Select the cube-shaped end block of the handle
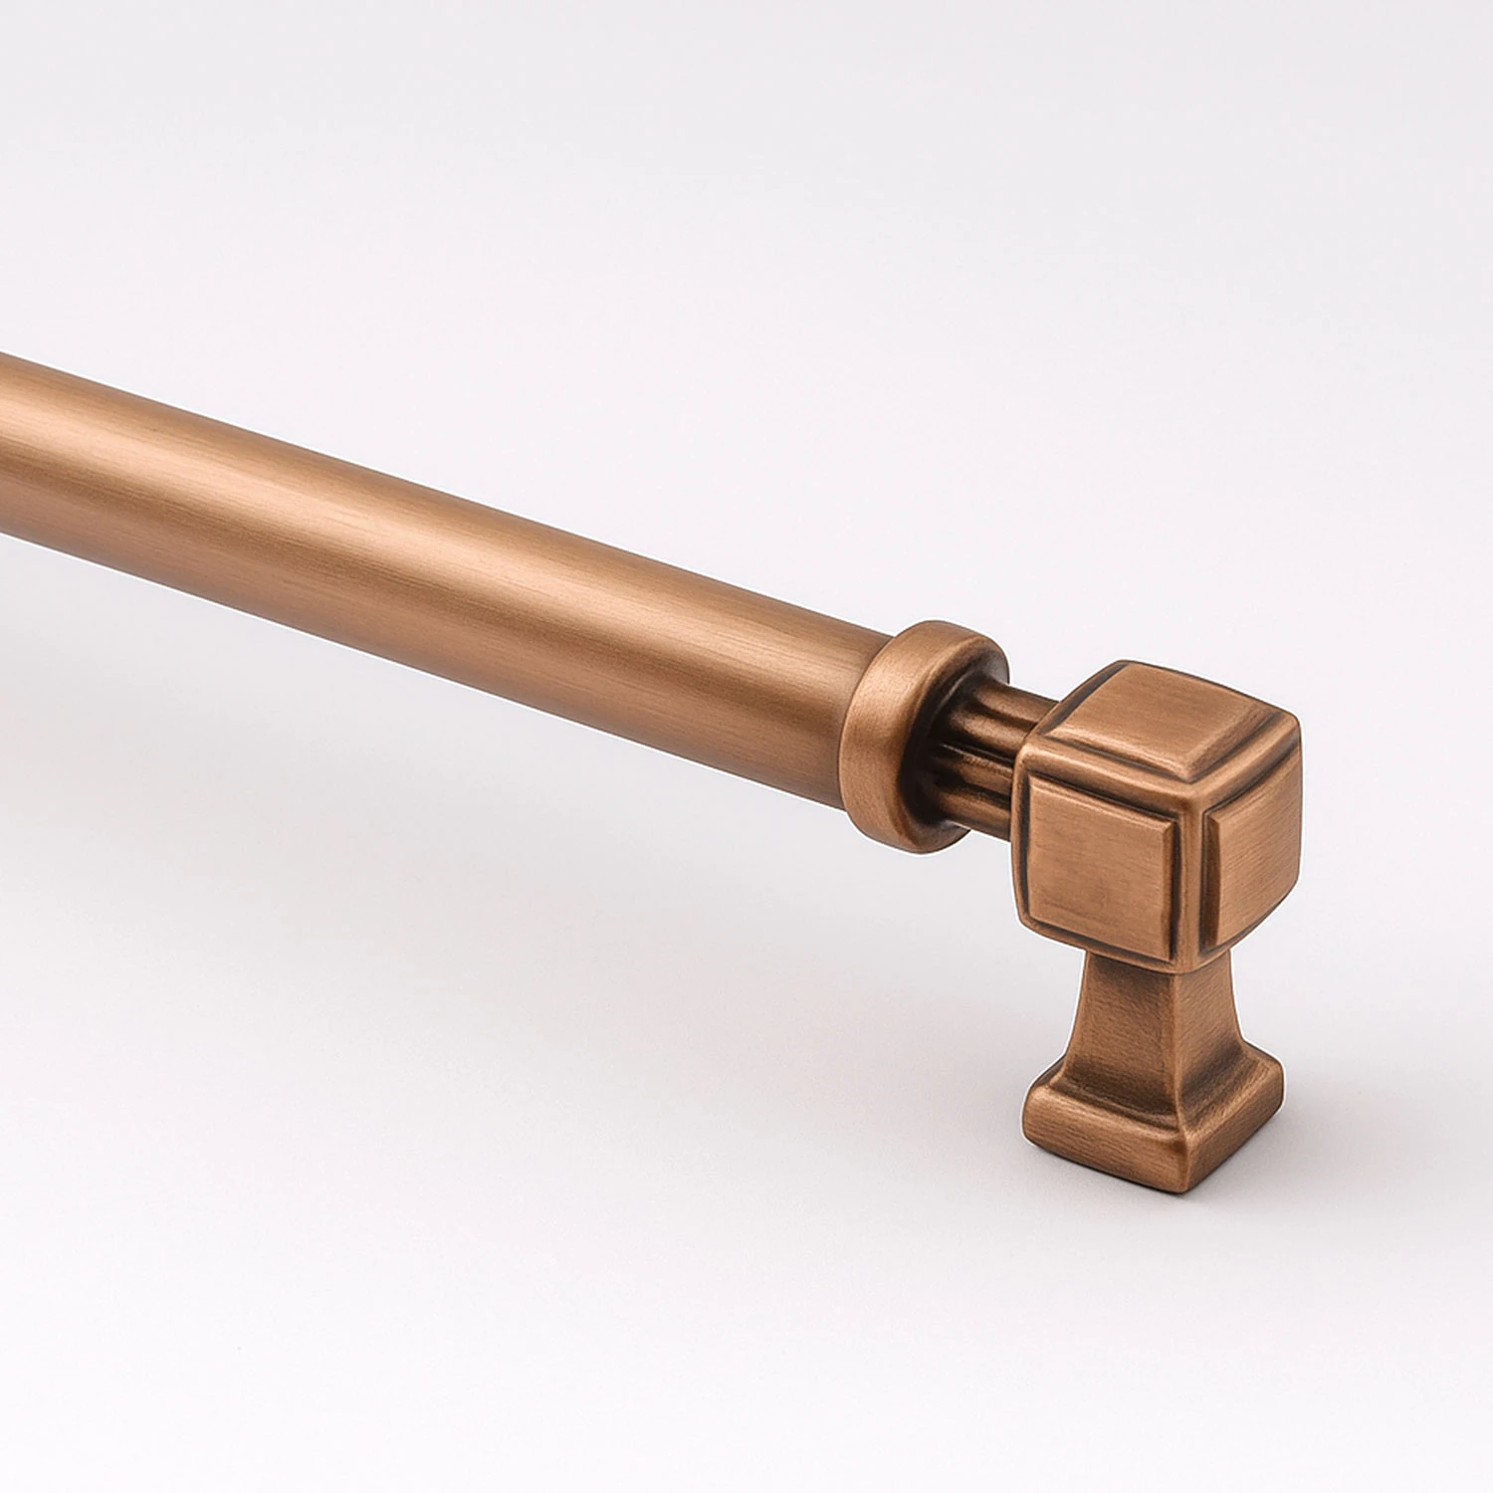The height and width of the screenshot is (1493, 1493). pyautogui.click(x=1155, y=816)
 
